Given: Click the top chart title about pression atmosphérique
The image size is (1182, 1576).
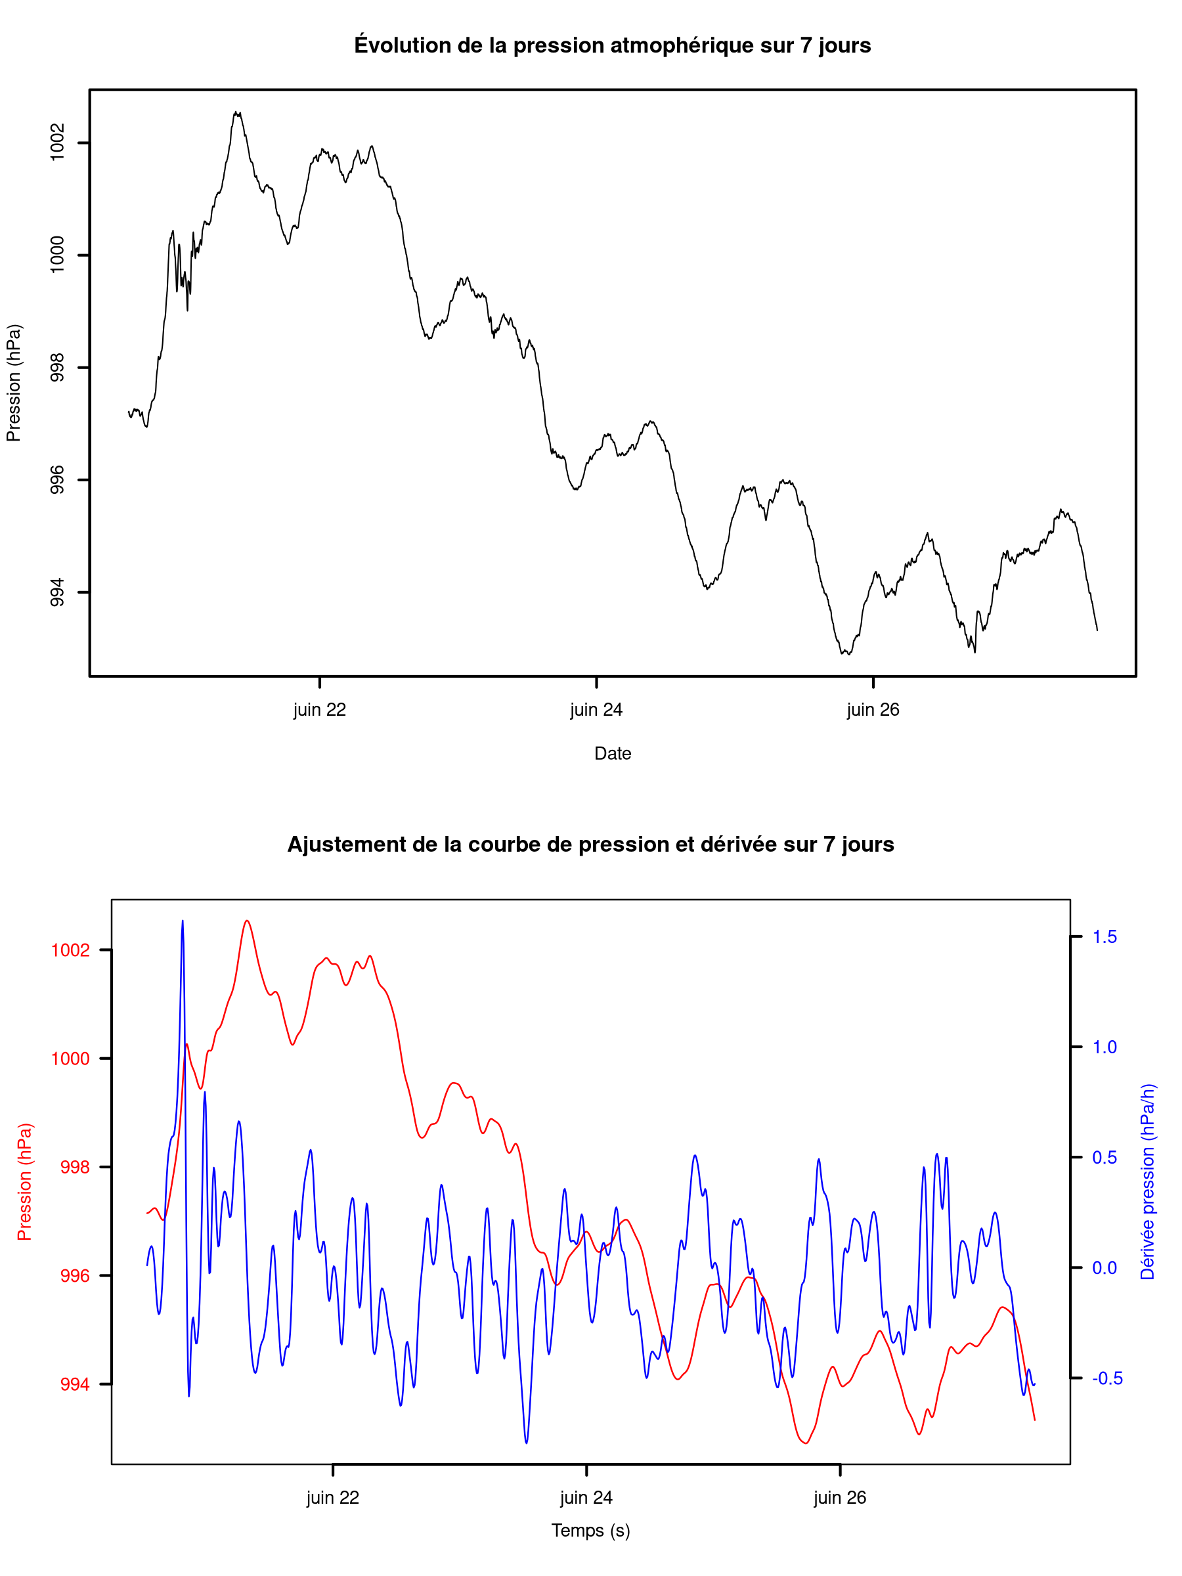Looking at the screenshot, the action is click(612, 45).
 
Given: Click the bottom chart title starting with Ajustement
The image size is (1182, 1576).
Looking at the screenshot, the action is click(590, 844).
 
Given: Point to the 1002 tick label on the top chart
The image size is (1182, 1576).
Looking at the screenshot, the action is click(57, 142).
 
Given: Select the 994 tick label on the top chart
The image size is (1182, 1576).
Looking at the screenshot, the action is click(57, 592).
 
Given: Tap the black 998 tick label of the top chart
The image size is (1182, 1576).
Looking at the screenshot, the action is click(57, 368).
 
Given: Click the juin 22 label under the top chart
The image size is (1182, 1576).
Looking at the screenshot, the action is click(319, 710).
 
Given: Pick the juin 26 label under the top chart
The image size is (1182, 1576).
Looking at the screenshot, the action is click(873, 710).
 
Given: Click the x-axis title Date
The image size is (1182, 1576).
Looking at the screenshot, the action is click(613, 753).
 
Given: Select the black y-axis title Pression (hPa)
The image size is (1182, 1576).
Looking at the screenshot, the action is click(14, 383).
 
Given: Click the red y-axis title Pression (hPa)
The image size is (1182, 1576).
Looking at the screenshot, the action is click(24, 1182).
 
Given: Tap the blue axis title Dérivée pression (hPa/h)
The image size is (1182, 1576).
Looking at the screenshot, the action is click(1147, 1182).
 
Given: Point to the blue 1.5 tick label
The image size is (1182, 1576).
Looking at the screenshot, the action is click(1105, 936).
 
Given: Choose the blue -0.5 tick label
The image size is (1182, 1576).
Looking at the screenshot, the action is click(1107, 1378).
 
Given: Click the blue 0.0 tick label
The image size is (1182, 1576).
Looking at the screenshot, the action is click(1105, 1267).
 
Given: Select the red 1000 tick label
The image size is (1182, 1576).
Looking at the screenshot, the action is click(70, 1059).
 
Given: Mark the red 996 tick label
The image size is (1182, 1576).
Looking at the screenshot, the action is click(76, 1275).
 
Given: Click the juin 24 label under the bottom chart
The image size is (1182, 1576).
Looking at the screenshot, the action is click(586, 1498).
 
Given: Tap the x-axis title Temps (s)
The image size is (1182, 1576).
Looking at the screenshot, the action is click(590, 1531).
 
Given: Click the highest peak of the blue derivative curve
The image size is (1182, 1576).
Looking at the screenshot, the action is click(183, 921).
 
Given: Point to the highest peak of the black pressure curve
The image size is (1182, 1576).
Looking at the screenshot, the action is click(236, 112).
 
